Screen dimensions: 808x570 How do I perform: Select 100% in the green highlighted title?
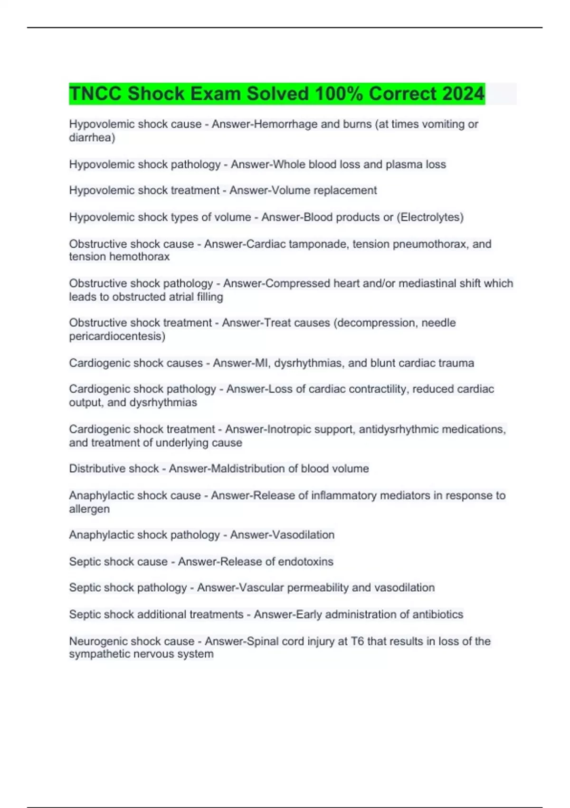(x=339, y=94)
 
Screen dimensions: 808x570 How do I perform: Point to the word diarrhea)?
(x=92, y=137)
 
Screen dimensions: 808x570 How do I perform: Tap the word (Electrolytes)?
(x=430, y=217)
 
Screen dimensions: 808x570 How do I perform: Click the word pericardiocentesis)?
(x=117, y=336)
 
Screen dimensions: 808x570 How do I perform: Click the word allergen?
(x=89, y=509)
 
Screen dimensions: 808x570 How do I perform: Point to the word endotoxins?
(x=305, y=561)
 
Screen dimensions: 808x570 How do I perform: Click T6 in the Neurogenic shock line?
(x=357, y=641)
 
